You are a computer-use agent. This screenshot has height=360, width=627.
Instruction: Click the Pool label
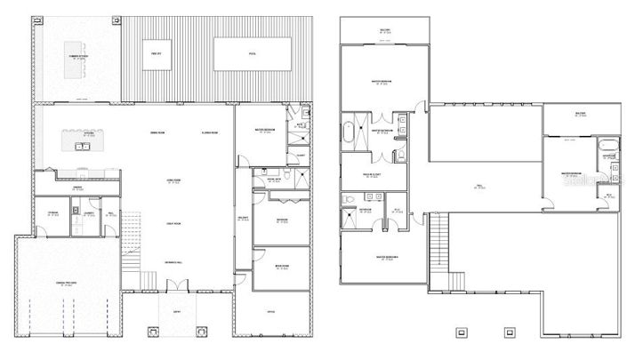(252, 53)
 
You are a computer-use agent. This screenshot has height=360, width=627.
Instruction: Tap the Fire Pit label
(156, 53)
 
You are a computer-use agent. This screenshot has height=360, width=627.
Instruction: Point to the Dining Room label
(159, 133)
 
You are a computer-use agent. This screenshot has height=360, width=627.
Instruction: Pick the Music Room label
(281, 267)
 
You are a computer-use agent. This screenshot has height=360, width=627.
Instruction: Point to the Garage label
(66, 283)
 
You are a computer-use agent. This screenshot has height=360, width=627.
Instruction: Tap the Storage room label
(53, 213)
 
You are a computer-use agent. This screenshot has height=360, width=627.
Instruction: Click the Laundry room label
(89, 213)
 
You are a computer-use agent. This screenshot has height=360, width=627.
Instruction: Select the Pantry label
(77, 188)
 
